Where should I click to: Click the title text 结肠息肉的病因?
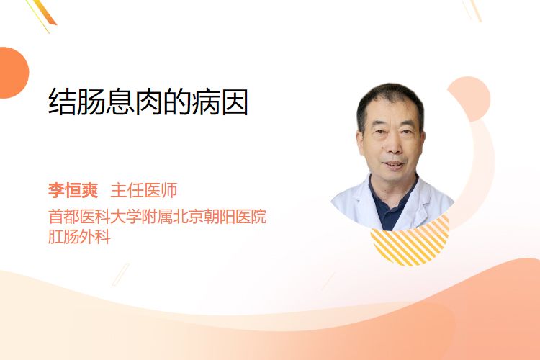click(148, 102)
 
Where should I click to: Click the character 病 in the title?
click(206, 102)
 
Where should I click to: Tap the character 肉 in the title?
click(148, 102)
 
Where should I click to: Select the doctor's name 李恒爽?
click(73, 190)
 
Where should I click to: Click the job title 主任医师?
click(143, 190)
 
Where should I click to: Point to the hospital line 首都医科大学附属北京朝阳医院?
click(158, 216)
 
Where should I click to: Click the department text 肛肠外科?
click(79, 237)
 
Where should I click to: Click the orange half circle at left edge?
click(13, 73)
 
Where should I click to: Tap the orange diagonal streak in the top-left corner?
click(43, 13)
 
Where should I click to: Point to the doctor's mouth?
click(393, 164)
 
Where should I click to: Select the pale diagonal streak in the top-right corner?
click(472, 10)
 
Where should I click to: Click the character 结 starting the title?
click(62, 102)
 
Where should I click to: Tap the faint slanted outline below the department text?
click(121, 274)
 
